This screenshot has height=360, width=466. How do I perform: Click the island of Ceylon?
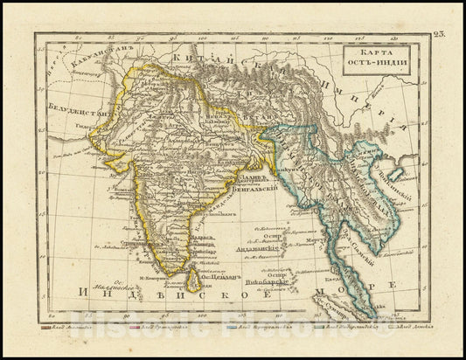pyautogui.click(x=198, y=278)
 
